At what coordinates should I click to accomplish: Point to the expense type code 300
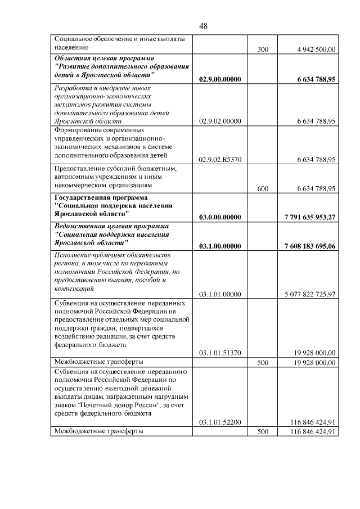click(262, 49)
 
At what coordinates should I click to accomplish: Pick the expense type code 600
click(262, 188)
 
